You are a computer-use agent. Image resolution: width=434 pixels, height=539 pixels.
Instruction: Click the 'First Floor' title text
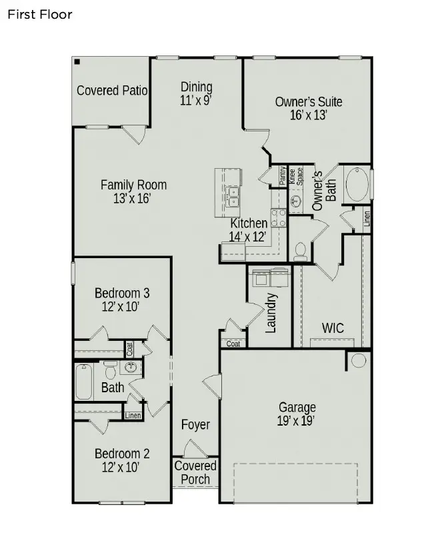pos(39,13)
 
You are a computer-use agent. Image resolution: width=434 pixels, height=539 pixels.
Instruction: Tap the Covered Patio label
pos(112,91)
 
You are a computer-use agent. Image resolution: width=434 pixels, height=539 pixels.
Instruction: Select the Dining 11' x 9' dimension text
pos(196,101)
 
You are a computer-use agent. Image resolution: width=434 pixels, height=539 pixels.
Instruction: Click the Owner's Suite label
pos(309,102)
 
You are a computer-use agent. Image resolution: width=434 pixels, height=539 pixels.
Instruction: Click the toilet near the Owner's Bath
pos(300,249)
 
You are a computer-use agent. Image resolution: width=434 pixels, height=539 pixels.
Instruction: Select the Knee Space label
pos(296,176)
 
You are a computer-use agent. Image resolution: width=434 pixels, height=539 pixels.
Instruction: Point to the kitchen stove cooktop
pos(278,217)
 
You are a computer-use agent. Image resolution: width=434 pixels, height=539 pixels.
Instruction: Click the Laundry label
pos(271,312)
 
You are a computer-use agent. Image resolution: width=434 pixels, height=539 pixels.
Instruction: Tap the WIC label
pos(333,328)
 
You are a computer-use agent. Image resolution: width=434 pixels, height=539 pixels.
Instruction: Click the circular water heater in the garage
pos(359,361)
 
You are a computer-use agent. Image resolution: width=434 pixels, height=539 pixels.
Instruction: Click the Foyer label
pos(195,425)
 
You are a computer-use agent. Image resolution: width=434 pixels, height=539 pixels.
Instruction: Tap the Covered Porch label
pos(195,472)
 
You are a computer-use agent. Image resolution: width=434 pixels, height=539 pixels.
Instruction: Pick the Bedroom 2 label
pos(122,454)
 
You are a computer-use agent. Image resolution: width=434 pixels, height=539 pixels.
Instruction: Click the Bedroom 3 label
pos(122,293)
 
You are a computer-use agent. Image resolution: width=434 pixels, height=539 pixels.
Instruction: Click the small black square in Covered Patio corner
pos(77,62)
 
